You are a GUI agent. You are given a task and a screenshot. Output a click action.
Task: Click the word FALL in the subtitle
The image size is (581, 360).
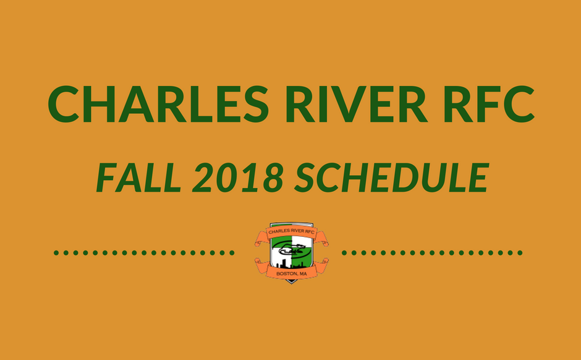138,178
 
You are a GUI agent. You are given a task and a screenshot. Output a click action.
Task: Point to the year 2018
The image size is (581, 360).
238,178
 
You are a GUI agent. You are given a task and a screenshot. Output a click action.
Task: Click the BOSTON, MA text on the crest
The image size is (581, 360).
292,273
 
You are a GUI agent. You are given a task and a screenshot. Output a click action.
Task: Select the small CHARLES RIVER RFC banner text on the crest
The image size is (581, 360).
292,232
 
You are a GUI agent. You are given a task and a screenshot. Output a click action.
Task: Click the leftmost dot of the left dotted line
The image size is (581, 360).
56,253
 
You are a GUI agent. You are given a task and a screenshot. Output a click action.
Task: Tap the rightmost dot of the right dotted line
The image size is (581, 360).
520,253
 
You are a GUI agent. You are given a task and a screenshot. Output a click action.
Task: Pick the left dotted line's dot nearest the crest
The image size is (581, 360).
232,253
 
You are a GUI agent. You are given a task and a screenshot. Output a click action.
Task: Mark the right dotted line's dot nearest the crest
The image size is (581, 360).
344,253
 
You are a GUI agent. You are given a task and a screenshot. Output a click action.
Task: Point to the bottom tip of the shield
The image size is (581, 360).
291,283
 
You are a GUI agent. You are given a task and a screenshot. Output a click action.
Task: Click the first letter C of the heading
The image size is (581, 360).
64,104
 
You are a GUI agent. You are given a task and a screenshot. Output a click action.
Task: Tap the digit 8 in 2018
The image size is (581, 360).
274,178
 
